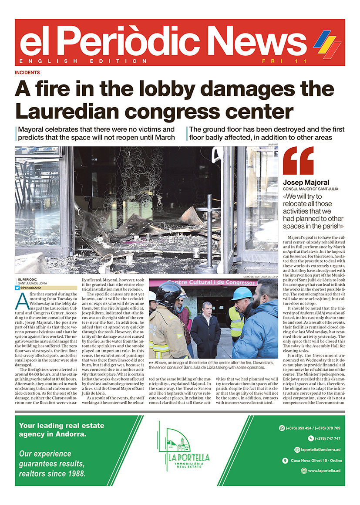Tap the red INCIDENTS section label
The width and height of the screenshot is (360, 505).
pos(27,72)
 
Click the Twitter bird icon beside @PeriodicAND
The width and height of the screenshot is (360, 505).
pos(17,288)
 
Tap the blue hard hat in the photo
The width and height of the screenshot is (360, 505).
pos(242,293)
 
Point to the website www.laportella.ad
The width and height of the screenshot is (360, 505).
pos(324,471)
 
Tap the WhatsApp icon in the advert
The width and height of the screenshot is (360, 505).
pos(281,428)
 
